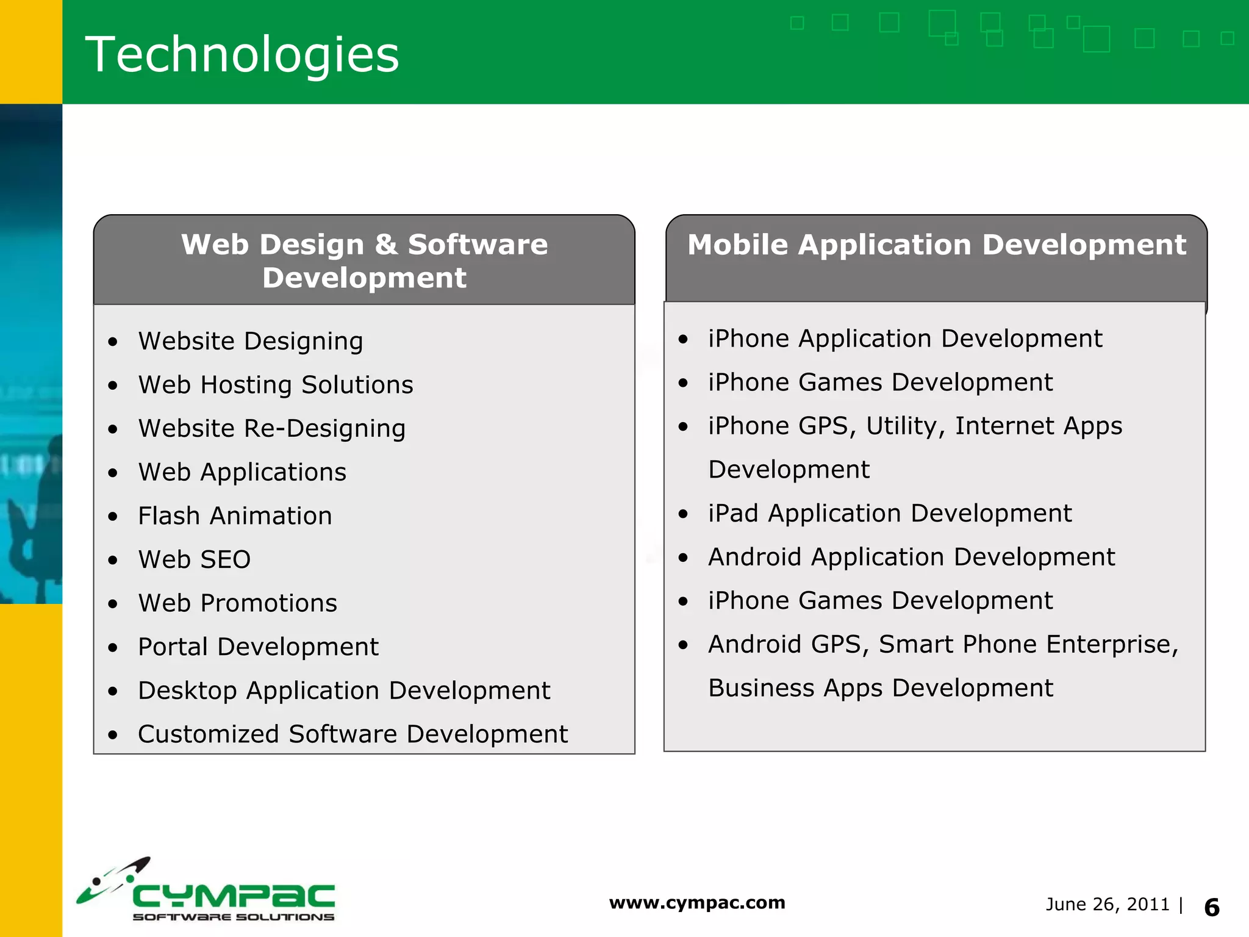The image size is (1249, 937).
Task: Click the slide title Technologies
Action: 242,55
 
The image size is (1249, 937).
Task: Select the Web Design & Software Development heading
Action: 364,261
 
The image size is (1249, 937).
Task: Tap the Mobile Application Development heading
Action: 936,245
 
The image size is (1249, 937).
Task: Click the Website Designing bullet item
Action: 250,341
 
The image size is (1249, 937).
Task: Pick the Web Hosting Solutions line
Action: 276,385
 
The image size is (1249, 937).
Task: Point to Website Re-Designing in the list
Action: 271,428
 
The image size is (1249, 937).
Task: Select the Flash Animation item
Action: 235,516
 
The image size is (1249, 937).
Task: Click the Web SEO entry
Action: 194,559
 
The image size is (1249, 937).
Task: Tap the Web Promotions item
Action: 237,603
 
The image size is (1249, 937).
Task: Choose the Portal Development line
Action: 258,647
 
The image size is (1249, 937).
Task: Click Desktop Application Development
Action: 344,691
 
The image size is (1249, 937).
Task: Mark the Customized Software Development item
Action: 353,734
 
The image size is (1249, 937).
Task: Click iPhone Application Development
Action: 905,339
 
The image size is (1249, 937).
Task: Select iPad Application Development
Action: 890,513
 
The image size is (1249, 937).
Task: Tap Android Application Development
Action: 911,557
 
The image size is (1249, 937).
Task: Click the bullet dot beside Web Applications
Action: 113,473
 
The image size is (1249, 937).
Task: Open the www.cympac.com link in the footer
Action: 697,902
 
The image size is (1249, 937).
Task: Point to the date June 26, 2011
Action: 1108,904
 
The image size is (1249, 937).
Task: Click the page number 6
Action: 1212,908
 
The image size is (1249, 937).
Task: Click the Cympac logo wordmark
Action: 233,896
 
